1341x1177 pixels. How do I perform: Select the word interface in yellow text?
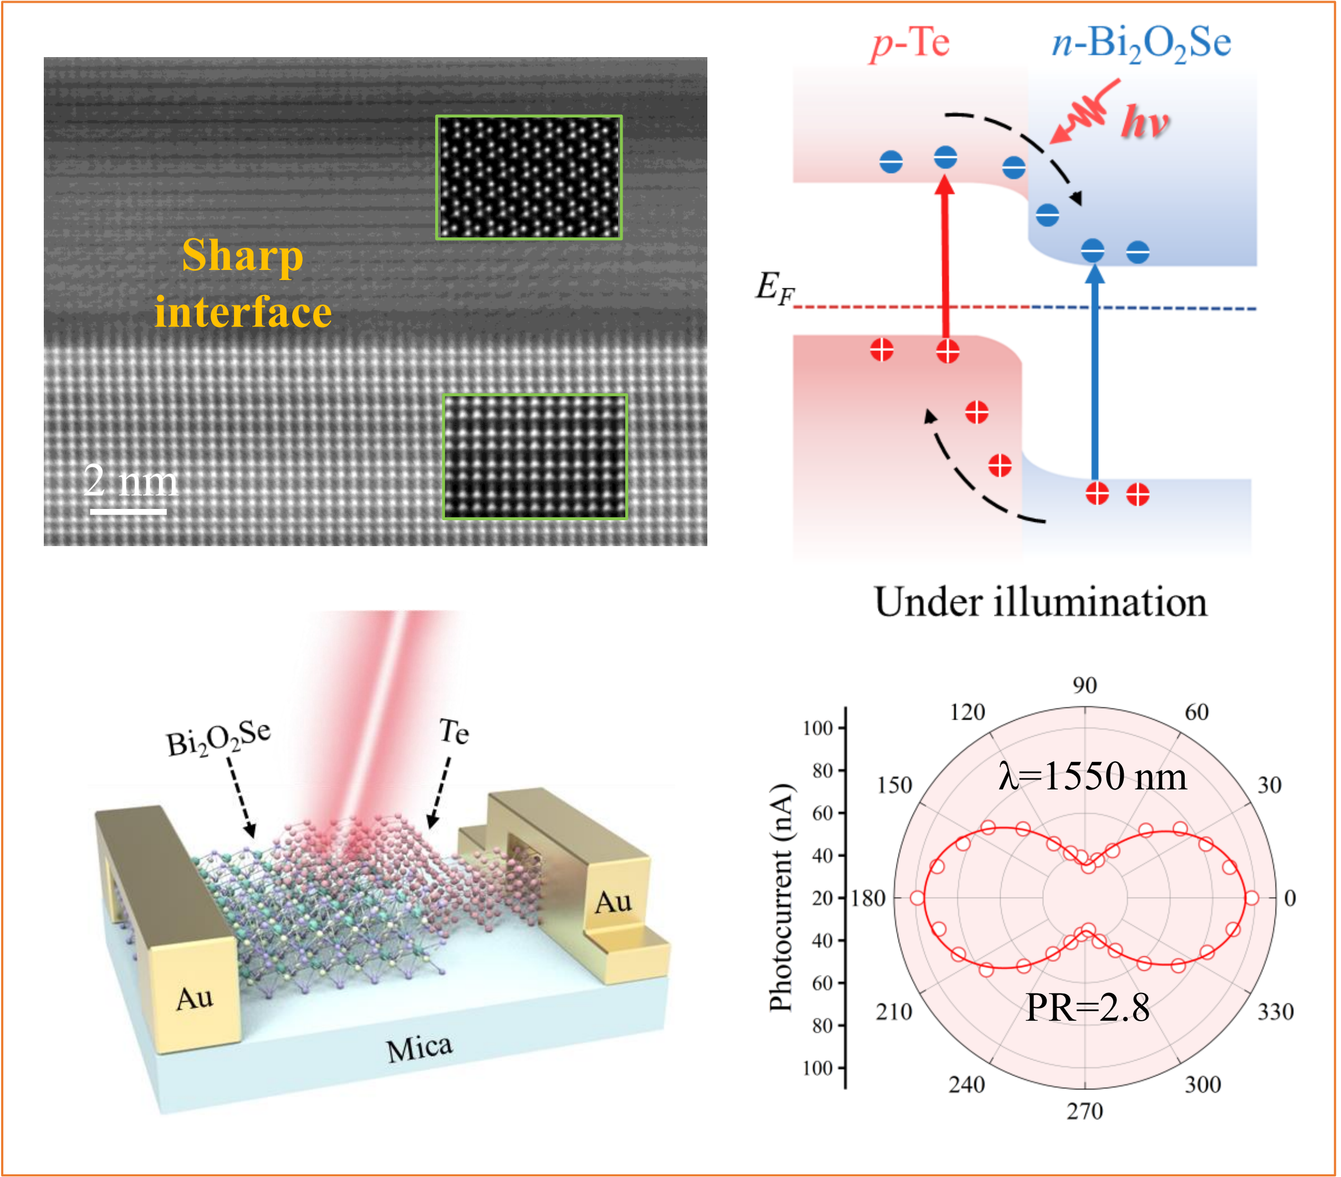click(243, 312)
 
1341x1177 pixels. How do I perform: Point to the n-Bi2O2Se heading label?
click(1141, 43)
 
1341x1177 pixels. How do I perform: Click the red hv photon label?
click(1145, 122)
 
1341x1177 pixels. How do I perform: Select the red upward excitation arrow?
click(945, 262)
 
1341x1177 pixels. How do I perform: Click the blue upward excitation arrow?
click(1094, 374)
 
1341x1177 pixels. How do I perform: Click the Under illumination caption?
click(1041, 602)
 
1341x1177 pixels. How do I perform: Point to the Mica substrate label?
click(419, 1048)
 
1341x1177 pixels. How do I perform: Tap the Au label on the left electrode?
click(195, 998)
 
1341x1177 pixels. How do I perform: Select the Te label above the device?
click(454, 731)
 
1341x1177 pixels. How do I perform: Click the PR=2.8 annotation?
click(1087, 1008)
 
